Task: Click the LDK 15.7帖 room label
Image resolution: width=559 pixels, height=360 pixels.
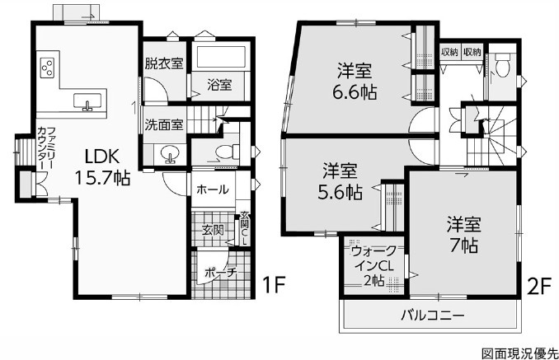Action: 102,166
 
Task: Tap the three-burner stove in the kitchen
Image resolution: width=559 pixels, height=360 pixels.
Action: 48,68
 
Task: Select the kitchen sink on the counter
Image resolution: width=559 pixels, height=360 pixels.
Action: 88,101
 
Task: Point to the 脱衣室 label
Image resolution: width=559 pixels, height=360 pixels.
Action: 164,63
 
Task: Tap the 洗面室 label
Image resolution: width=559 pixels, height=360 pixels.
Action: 164,124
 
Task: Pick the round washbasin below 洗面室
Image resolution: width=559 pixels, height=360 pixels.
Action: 169,155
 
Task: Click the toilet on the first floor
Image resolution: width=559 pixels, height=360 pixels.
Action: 230,151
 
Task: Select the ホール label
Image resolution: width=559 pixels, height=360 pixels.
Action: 213,189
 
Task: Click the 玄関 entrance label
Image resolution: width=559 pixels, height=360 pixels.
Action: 213,230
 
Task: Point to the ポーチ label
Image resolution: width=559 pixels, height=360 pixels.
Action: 221,274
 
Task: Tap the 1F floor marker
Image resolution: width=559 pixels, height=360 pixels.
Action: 274,284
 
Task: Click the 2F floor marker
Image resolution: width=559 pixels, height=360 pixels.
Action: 538,287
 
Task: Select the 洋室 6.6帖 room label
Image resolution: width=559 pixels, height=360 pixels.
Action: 355,82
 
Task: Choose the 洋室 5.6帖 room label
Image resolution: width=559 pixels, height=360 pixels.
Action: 340,181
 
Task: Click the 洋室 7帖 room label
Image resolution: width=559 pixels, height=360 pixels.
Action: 464,234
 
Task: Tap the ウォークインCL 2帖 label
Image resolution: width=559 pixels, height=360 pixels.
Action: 373,265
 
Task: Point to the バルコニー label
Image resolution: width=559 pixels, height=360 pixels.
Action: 433,316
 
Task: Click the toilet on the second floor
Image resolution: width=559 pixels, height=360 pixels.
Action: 503,65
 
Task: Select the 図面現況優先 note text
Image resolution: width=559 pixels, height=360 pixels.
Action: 519,353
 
